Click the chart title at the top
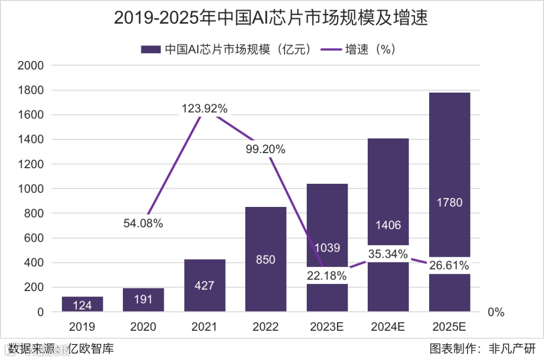[x=271, y=18]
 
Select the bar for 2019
[x=82, y=304]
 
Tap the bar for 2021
[x=205, y=285]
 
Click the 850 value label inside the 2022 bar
[x=265, y=260]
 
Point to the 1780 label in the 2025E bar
[x=449, y=203]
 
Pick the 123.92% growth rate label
[x=205, y=109]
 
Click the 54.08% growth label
[x=143, y=224]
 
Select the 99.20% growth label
[x=266, y=149]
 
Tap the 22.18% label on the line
[x=327, y=275]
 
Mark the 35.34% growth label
[x=388, y=254]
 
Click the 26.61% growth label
[x=449, y=265]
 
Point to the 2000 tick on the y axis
[x=31, y=66]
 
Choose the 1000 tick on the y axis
[x=31, y=189]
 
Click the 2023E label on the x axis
[x=327, y=327]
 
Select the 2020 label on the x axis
[x=143, y=327]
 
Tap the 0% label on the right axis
[x=496, y=312]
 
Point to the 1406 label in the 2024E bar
[x=388, y=226]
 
